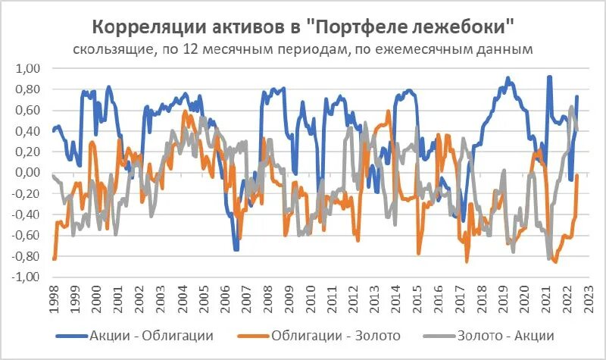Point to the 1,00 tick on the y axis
[29, 69]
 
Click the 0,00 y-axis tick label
[29, 173]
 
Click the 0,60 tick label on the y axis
[29, 111]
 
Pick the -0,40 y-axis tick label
[27, 214]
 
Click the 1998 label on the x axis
[52, 300]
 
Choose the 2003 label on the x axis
[160, 300]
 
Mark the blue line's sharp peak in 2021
[549, 77]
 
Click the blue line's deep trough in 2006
[236, 249]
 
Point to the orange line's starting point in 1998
[54, 259]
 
